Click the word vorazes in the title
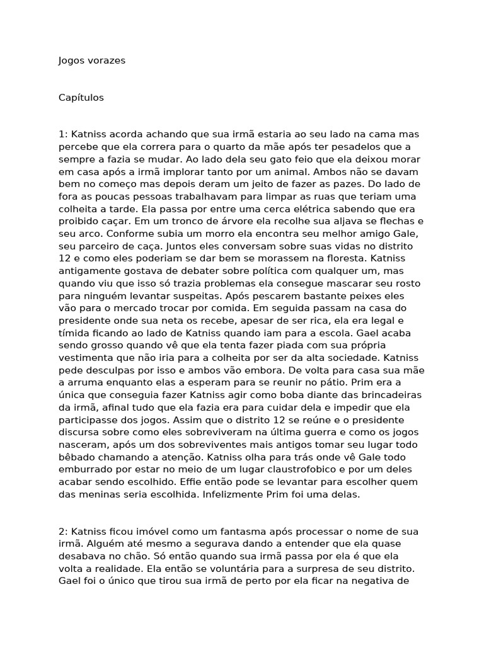(x=107, y=60)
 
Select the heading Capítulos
(x=81, y=98)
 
